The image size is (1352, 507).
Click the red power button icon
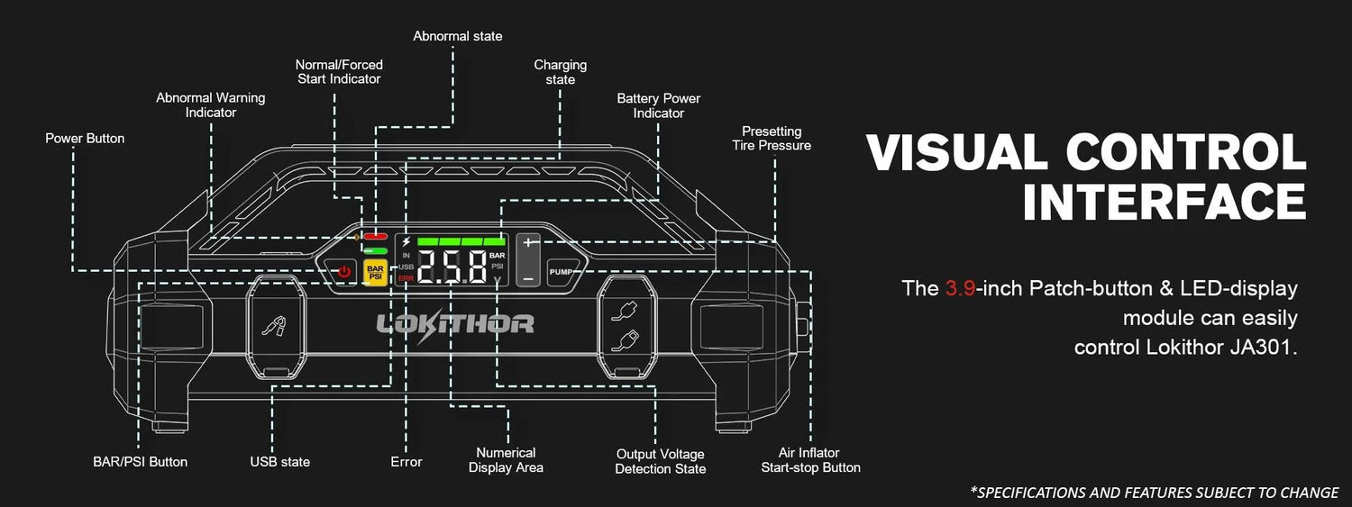343,271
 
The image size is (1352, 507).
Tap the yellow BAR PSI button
375,273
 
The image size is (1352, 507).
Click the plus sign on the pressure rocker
528,242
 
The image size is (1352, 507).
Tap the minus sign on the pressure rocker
528,278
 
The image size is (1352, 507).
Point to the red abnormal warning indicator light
375,236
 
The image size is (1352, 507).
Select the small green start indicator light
375,250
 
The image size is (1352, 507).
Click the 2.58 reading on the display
452,267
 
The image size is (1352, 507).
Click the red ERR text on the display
406,278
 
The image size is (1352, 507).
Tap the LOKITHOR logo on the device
455,325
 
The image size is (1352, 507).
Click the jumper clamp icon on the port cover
275,325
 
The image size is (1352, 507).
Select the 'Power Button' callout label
85,138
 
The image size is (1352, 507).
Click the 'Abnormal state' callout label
458,36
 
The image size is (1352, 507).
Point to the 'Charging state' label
560,72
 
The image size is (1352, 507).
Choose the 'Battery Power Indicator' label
659,105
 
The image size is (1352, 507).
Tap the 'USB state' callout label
280,462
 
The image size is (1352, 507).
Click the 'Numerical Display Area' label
506,460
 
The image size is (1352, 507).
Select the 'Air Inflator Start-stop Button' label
810,460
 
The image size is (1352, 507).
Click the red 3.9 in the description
960,288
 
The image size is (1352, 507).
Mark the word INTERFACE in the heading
1165,202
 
